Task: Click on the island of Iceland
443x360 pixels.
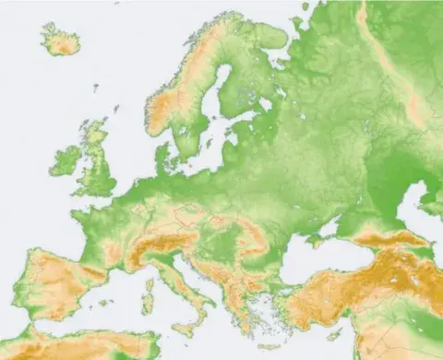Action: point(61,39)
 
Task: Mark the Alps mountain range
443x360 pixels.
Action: point(157,242)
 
